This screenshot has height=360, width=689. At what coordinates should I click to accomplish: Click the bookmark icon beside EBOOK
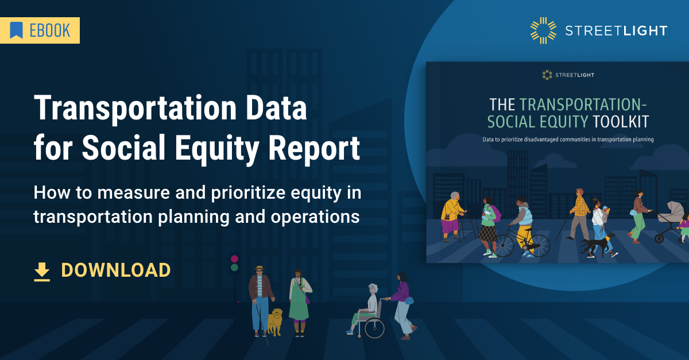click(x=16, y=30)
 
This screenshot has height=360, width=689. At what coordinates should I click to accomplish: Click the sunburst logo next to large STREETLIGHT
click(x=543, y=30)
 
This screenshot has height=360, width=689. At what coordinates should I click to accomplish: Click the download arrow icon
click(x=42, y=271)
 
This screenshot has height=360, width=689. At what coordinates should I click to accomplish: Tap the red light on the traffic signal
click(x=234, y=259)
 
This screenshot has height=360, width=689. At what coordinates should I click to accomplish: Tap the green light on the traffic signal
click(x=234, y=268)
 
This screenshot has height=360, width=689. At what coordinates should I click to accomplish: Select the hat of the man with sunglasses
click(x=260, y=269)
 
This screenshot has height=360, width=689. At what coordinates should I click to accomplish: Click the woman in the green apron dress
click(x=299, y=301)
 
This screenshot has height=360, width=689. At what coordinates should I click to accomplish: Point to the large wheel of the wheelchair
click(x=374, y=327)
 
